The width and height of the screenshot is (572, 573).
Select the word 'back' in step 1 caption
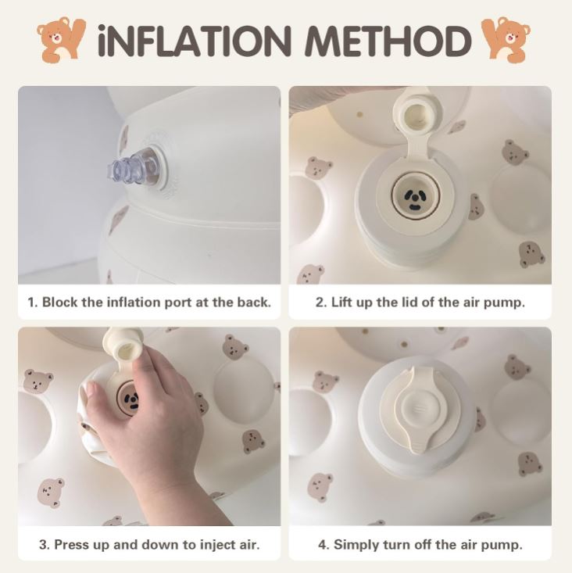point(250,302)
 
